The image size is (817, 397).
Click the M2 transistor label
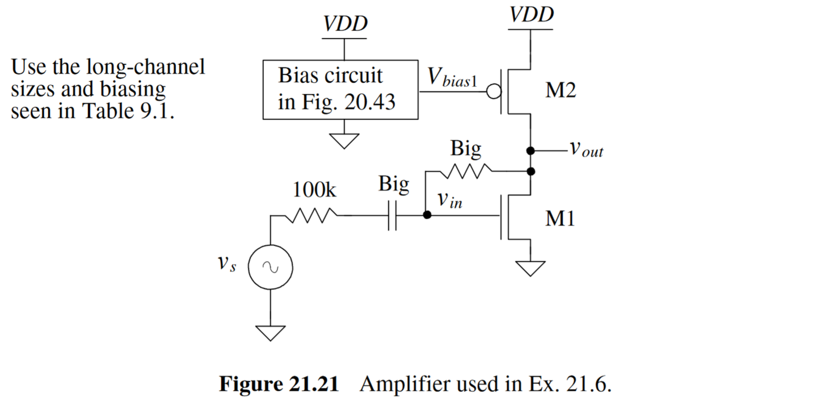[560, 91]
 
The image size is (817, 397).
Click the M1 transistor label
[560, 218]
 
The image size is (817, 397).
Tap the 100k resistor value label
[314, 190]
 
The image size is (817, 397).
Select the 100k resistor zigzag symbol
[315, 215]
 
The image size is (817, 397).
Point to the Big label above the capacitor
[393, 186]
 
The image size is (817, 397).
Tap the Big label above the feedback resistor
[466, 149]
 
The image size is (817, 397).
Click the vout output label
[586, 150]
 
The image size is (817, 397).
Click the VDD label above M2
[531, 14]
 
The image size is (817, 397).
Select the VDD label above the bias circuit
[344, 24]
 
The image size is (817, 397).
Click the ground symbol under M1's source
[530, 267]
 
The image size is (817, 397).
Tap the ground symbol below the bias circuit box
[344, 140]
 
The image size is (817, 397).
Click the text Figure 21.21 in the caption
[279, 384]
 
